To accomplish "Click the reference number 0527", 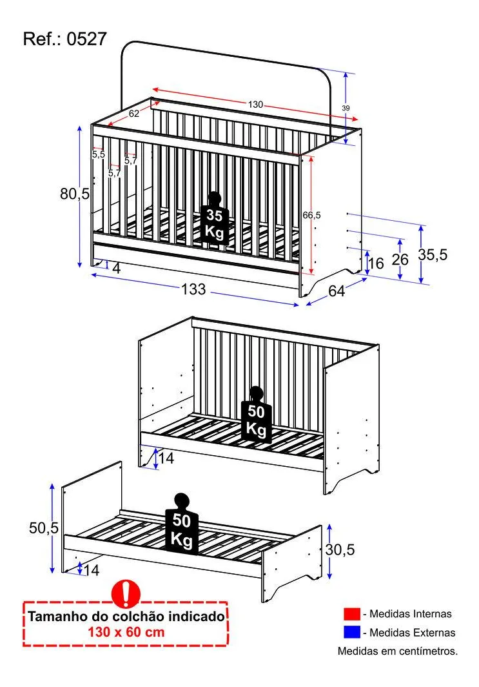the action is [x=86, y=39].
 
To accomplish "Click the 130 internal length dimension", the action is [x=255, y=105].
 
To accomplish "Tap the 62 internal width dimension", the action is [x=134, y=114].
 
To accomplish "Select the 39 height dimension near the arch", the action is [x=346, y=108].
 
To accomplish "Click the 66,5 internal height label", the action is [x=312, y=215].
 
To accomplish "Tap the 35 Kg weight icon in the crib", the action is [x=214, y=218].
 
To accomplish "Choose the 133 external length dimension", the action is [x=193, y=289].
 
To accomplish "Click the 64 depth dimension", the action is [x=337, y=291].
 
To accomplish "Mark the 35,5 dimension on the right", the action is [x=433, y=254].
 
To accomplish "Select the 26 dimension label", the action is [x=400, y=260].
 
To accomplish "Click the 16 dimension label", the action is [x=376, y=263].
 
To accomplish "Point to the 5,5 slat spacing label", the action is [x=99, y=155].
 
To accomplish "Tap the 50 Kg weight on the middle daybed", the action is [x=257, y=415].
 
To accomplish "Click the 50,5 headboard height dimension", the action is [x=44, y=528].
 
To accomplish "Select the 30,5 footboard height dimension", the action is [x=340, y=549].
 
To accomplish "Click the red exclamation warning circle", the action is [x=126, y=593].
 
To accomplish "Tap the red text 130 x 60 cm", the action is [x=126, y=632].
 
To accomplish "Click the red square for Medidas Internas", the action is [x=352, y=614].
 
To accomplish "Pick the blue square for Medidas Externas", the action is [x=352, y=632].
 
